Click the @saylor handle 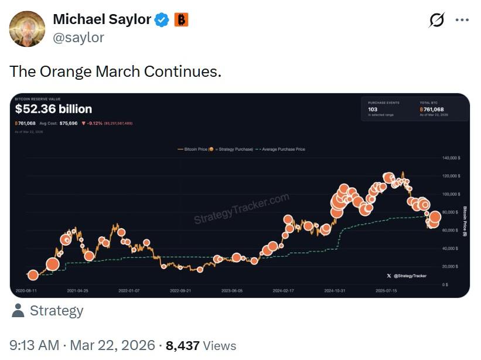[79, 38]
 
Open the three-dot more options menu [462, 20]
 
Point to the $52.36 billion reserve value [53, 109]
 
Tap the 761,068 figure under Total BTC [433, 109]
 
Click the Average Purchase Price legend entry [282, 150]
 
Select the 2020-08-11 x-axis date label [26, 290]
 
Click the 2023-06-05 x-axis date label [232, 290]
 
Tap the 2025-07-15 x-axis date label [387, 290]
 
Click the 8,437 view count [183, 346]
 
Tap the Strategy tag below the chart [56, 311]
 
